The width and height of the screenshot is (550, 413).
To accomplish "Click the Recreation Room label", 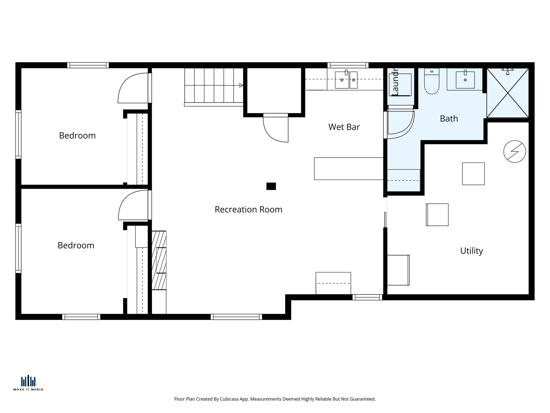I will (248, 209).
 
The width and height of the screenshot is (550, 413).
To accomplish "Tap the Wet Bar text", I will (344, 127).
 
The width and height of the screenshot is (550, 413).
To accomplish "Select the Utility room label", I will (471, 251).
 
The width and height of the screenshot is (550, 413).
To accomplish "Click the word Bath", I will (449, 119).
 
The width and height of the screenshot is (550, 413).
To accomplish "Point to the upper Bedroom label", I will (77, 136).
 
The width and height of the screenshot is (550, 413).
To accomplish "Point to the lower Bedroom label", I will (76, 245).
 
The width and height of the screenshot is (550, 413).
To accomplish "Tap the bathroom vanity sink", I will (465, 80).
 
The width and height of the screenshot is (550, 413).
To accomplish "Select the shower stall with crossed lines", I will (508, 93).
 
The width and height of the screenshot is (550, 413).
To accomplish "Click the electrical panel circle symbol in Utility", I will (515, 151).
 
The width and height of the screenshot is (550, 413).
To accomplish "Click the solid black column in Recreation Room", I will (271, 186).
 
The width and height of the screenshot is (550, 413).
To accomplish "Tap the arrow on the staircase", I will (241, 86).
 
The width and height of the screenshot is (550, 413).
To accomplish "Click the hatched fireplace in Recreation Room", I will (159, 260).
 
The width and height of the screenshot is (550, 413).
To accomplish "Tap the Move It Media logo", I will (28, 383).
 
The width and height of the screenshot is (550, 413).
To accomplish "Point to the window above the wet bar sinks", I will (348, 65).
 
